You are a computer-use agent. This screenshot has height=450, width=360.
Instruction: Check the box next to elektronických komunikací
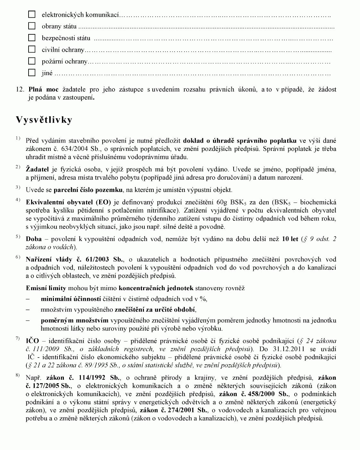(32, 14)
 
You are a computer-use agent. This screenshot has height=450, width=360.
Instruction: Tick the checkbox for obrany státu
(32, 26)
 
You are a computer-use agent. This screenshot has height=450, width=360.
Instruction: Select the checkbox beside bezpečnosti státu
(32, 38)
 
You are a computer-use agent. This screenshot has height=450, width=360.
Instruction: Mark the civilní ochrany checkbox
(32, 49)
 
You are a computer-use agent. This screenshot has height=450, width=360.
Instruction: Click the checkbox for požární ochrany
(32, 61)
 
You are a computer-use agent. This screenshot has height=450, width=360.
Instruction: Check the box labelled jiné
(32, 73)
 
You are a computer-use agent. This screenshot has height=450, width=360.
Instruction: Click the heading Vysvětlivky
(44, 120)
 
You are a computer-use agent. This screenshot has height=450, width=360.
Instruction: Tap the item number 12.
(20, 89)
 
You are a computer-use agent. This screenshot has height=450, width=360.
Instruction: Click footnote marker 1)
(18, 138)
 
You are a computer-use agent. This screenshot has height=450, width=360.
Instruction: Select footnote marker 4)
(18, 200)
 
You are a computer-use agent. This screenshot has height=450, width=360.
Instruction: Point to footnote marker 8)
(18, 376)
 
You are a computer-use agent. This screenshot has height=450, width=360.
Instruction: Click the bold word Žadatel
(37, 169)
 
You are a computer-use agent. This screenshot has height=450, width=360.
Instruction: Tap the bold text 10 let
(290, 239)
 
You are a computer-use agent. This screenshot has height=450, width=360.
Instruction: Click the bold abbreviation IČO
(32, 341)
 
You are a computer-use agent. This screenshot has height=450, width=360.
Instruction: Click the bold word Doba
(34, 239)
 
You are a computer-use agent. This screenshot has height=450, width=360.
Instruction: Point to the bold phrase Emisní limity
(46, 288)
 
